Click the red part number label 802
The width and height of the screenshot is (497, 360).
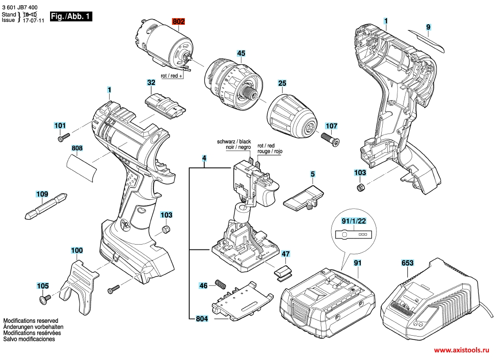(x=178, y=21)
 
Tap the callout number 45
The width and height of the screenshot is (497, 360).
(x=241, y=53)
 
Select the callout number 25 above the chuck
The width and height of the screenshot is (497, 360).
(x=282, y=83)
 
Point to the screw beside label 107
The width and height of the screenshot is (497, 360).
(x=330, y=140)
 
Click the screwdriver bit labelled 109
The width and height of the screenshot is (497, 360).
(x=46, y=206)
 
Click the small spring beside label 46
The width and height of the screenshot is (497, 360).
(x=220, y=284)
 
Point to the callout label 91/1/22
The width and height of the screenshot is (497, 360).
(x=354, y=221)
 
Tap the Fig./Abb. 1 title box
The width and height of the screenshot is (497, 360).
(x=71, y=17)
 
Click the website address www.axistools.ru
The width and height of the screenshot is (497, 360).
(x=461, y=350)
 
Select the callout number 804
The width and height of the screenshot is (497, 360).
(x=202, y=319)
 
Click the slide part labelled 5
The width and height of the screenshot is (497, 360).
(x=304, y=199)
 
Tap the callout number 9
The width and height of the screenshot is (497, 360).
(x=428, y=27)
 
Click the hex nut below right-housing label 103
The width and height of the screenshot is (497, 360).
(x=360, y=187)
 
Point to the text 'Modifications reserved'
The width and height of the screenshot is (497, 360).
(x=31, y=321)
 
